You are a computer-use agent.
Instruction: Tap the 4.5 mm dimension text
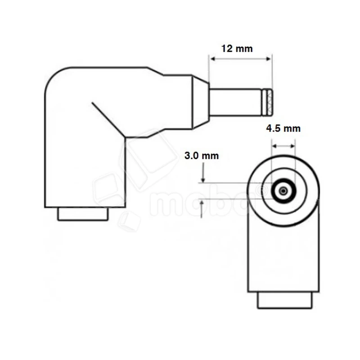click(283, 129)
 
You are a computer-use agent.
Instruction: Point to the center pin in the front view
click(283, 191)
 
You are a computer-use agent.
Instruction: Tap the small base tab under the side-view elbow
click(83, 214)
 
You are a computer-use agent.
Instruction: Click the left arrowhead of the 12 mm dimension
click(211, 59)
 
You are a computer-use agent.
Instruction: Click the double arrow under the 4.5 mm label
click(283, 146)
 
